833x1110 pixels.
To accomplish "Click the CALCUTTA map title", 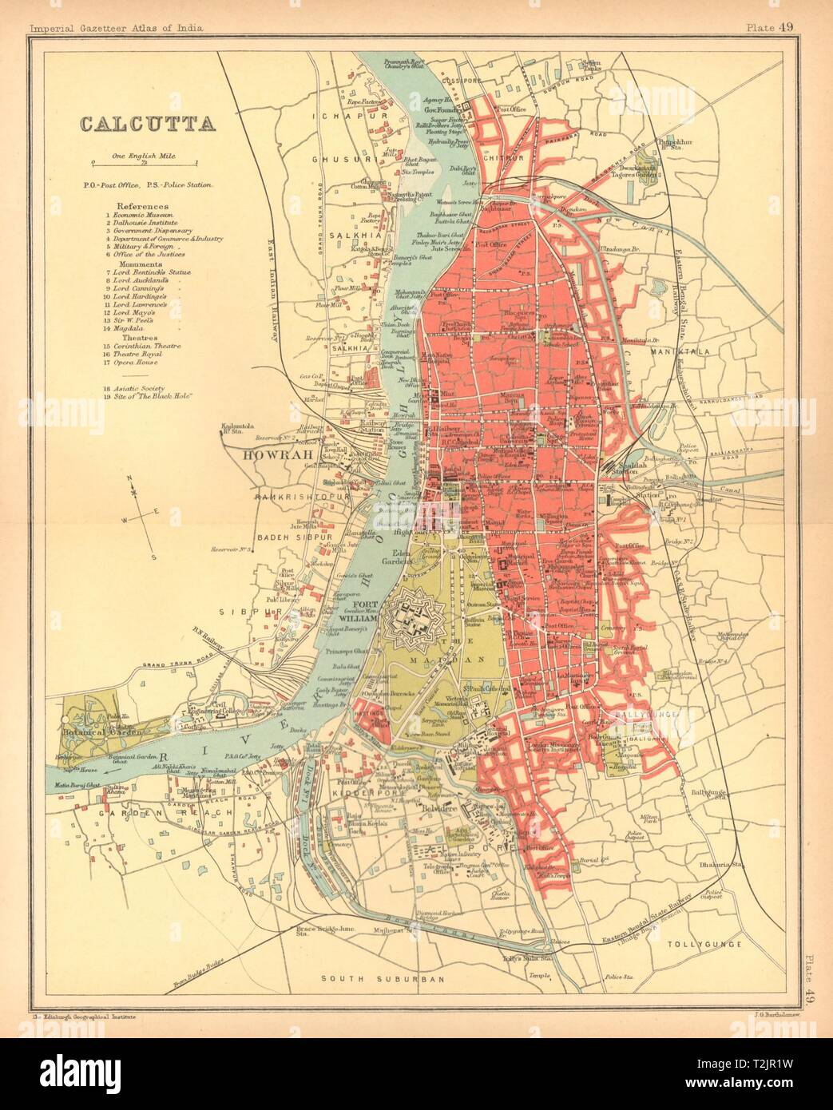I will tap(145, 125).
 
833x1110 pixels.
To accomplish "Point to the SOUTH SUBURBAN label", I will tap(370, 977).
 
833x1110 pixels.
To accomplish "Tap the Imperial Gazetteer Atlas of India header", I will tap(116, 28).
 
